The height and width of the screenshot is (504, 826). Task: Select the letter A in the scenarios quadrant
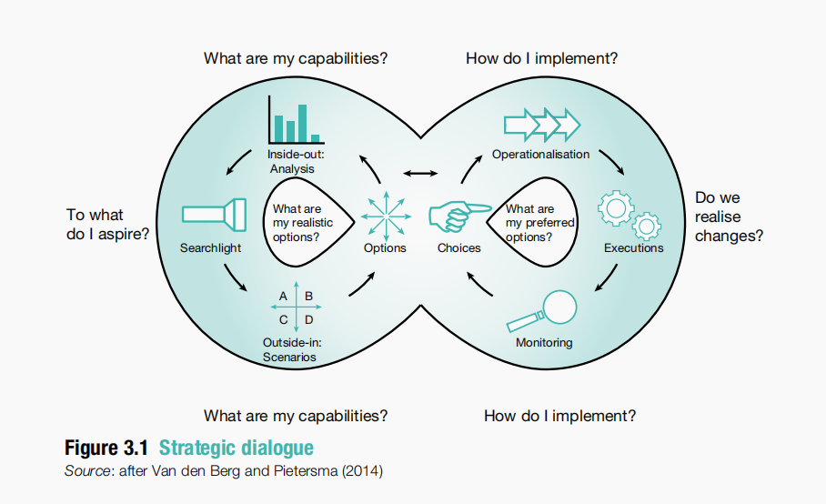283,297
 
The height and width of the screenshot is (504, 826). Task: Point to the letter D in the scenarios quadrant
309,319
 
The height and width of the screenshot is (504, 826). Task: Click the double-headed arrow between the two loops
421,173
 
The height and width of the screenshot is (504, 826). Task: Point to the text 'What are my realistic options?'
302,223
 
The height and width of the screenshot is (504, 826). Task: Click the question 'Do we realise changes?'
728,217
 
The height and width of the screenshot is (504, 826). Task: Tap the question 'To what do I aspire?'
107,224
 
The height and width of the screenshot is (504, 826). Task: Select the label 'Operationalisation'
540,155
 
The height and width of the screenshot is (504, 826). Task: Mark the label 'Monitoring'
544,343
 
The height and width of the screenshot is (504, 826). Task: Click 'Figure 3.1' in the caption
106,448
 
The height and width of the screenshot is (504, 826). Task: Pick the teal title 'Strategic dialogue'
236,448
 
